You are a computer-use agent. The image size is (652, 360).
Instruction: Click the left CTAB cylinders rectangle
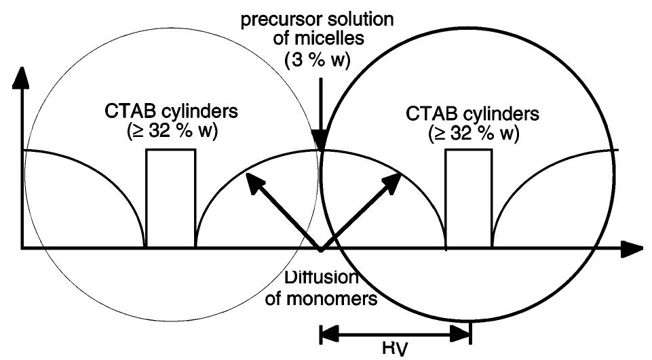tap(171, 198)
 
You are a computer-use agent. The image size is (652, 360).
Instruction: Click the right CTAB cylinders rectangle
tap(468, 198)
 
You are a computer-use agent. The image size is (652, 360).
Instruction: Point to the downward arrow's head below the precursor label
tap(321, 142)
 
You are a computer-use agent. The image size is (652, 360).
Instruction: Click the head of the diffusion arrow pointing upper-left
tap(252, 179)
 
